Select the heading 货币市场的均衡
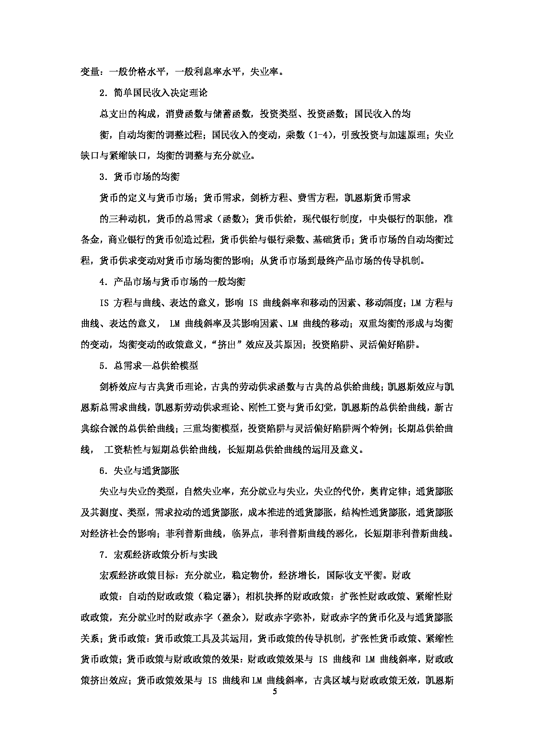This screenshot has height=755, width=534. [140, 177]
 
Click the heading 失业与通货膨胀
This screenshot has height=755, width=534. [140, 471]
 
